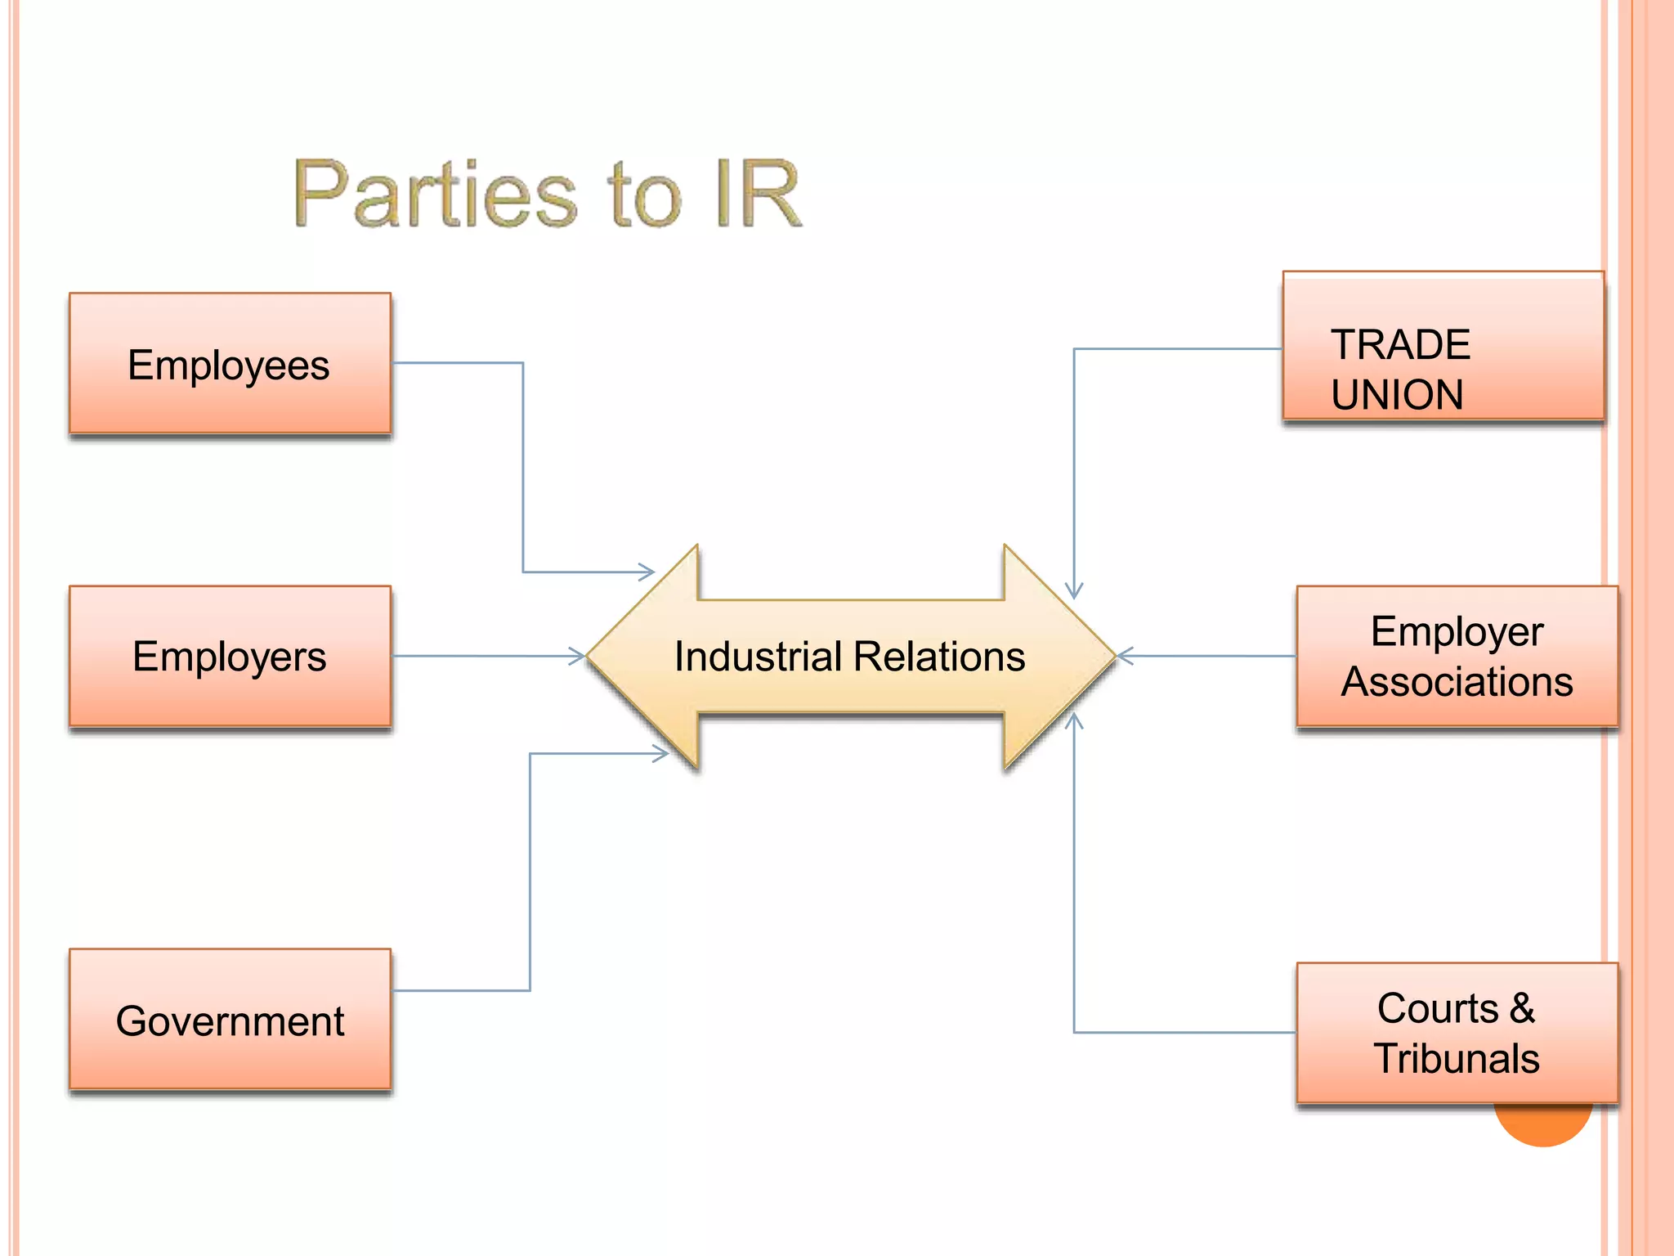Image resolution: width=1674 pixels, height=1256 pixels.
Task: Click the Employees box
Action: pos(230,363)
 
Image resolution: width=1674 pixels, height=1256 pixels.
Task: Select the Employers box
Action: pos(230,656)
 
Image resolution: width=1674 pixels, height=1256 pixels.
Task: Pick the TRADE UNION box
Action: pos(1443,346)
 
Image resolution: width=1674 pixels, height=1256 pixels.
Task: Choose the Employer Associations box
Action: pos(1457,656)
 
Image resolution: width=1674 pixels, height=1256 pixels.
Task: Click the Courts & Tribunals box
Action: pos(1457,1033)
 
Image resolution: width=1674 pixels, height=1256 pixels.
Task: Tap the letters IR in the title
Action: pos(758,195)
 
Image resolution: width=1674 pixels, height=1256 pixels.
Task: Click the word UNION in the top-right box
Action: pos(1397,395)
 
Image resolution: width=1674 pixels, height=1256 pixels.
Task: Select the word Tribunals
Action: pos(1457,1058)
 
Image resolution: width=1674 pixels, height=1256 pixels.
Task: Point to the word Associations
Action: pos(1457,682)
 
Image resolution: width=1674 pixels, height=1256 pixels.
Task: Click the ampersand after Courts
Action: pos(1521,1007)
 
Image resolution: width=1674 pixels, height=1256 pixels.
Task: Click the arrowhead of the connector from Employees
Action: pos(647,572)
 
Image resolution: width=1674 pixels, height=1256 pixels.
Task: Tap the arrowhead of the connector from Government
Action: pos(661,753)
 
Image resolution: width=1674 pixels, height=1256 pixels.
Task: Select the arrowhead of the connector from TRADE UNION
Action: pos(1074,591)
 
